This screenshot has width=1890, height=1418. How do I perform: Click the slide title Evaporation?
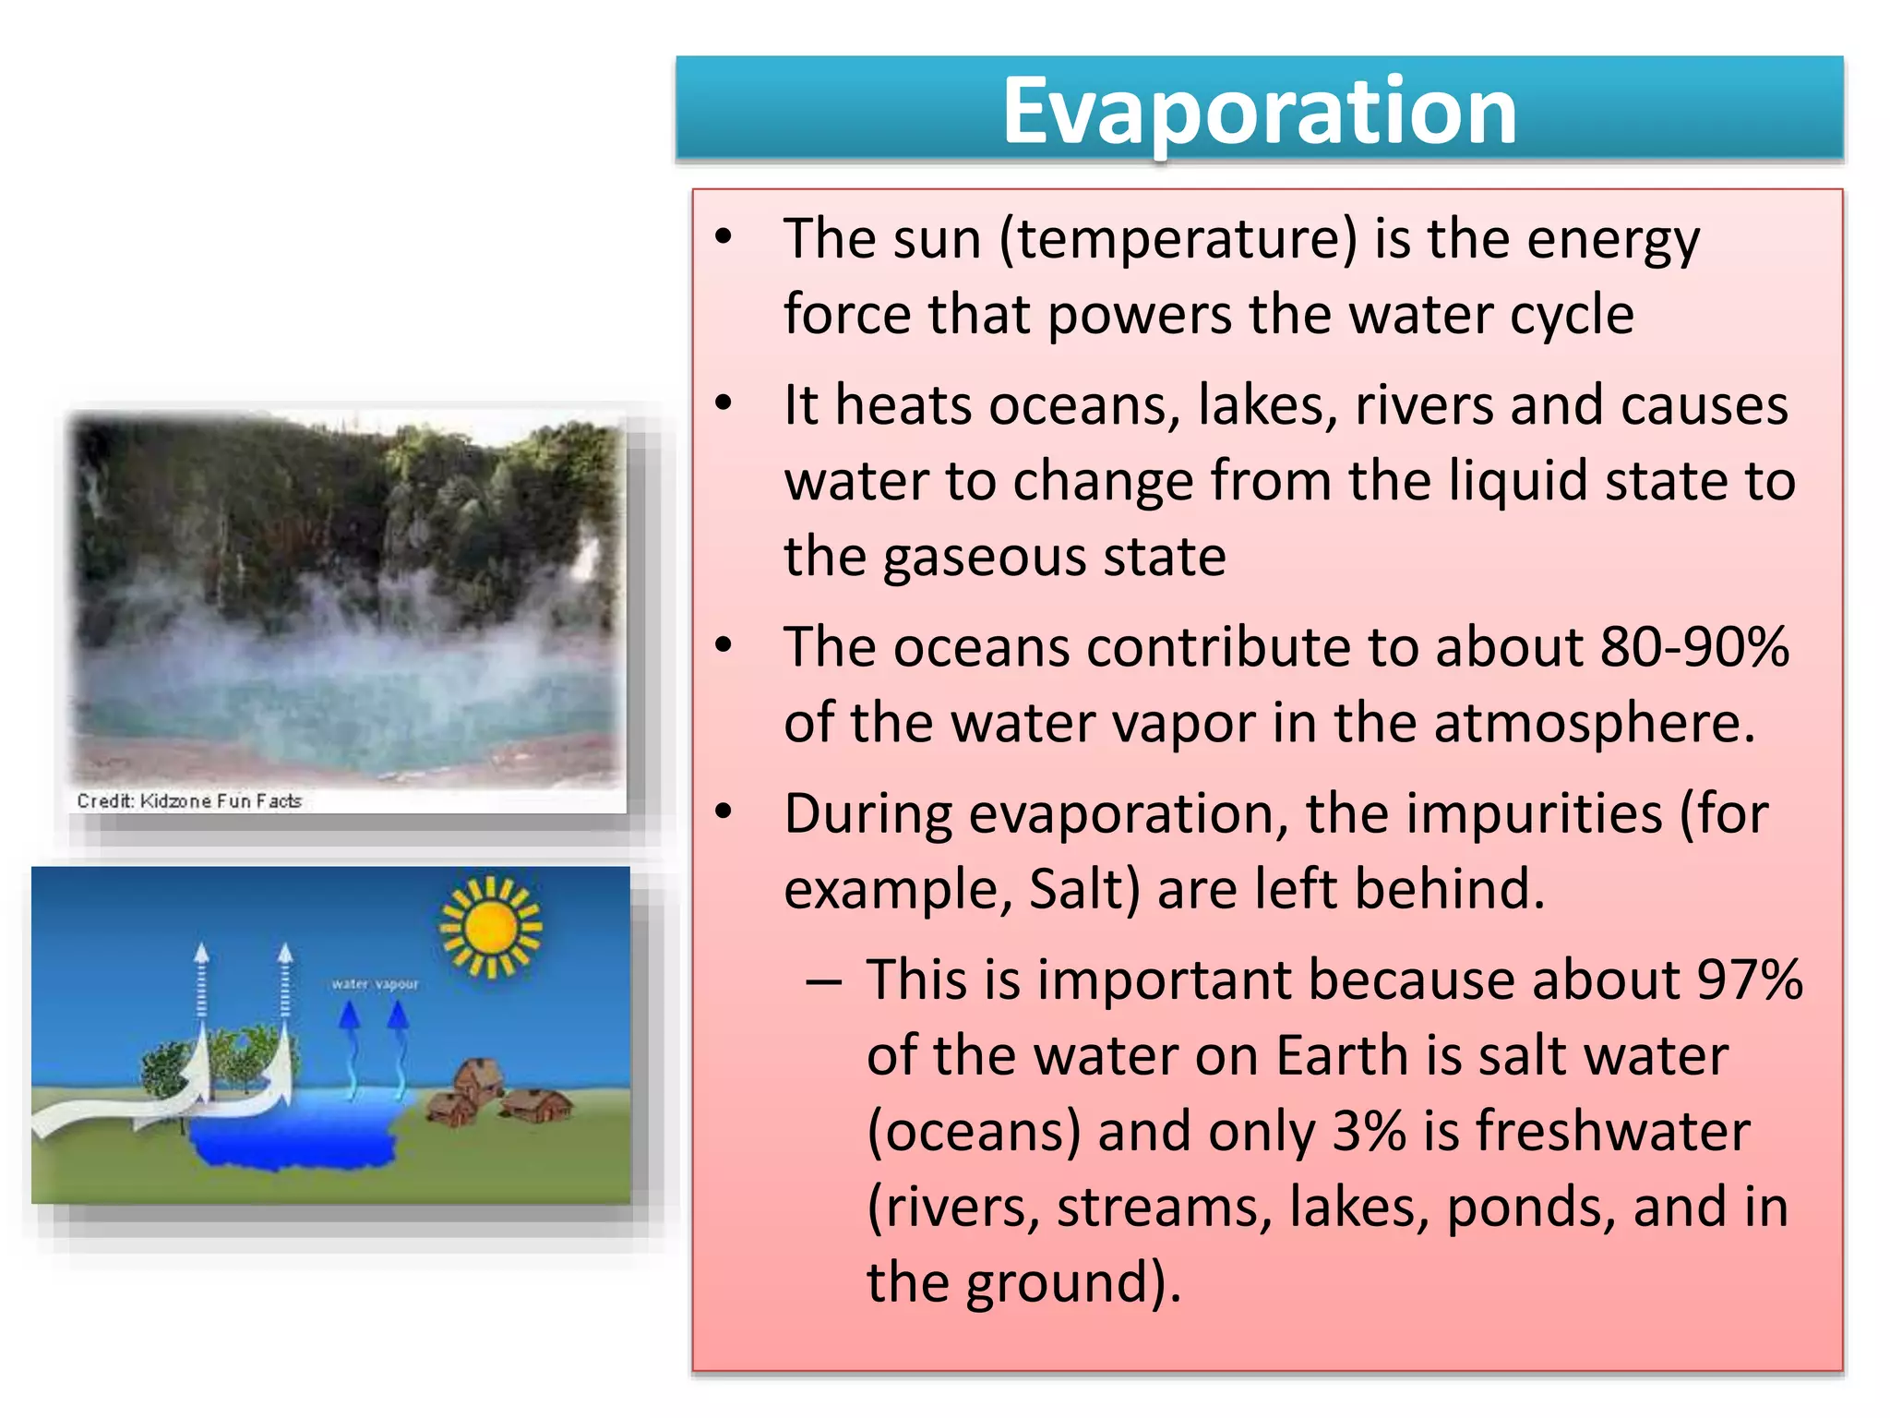point(1259,111)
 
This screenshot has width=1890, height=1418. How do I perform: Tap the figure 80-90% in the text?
point(1694,647)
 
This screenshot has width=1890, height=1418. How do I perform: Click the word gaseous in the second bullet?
point(966,558)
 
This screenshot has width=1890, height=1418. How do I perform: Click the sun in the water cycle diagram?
point(490,927)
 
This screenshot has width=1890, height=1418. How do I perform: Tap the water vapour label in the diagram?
point(375,984)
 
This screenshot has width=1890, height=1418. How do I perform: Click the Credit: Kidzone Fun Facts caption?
point(189,801)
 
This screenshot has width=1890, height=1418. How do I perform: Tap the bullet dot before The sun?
point(724,236)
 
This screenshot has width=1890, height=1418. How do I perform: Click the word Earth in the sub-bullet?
point(1342,1056)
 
